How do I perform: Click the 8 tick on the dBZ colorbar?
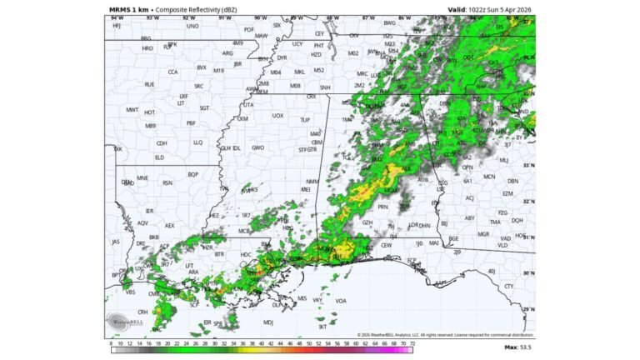(x=111, y=342)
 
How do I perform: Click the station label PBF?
(x=191, y=122)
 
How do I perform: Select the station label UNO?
(x=192, y=26)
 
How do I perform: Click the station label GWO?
(x=258, y=147)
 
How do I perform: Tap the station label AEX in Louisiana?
(x=169, y=225)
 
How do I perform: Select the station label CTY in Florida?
(x=509, y=286)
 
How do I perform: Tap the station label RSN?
(x=167, y=182)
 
